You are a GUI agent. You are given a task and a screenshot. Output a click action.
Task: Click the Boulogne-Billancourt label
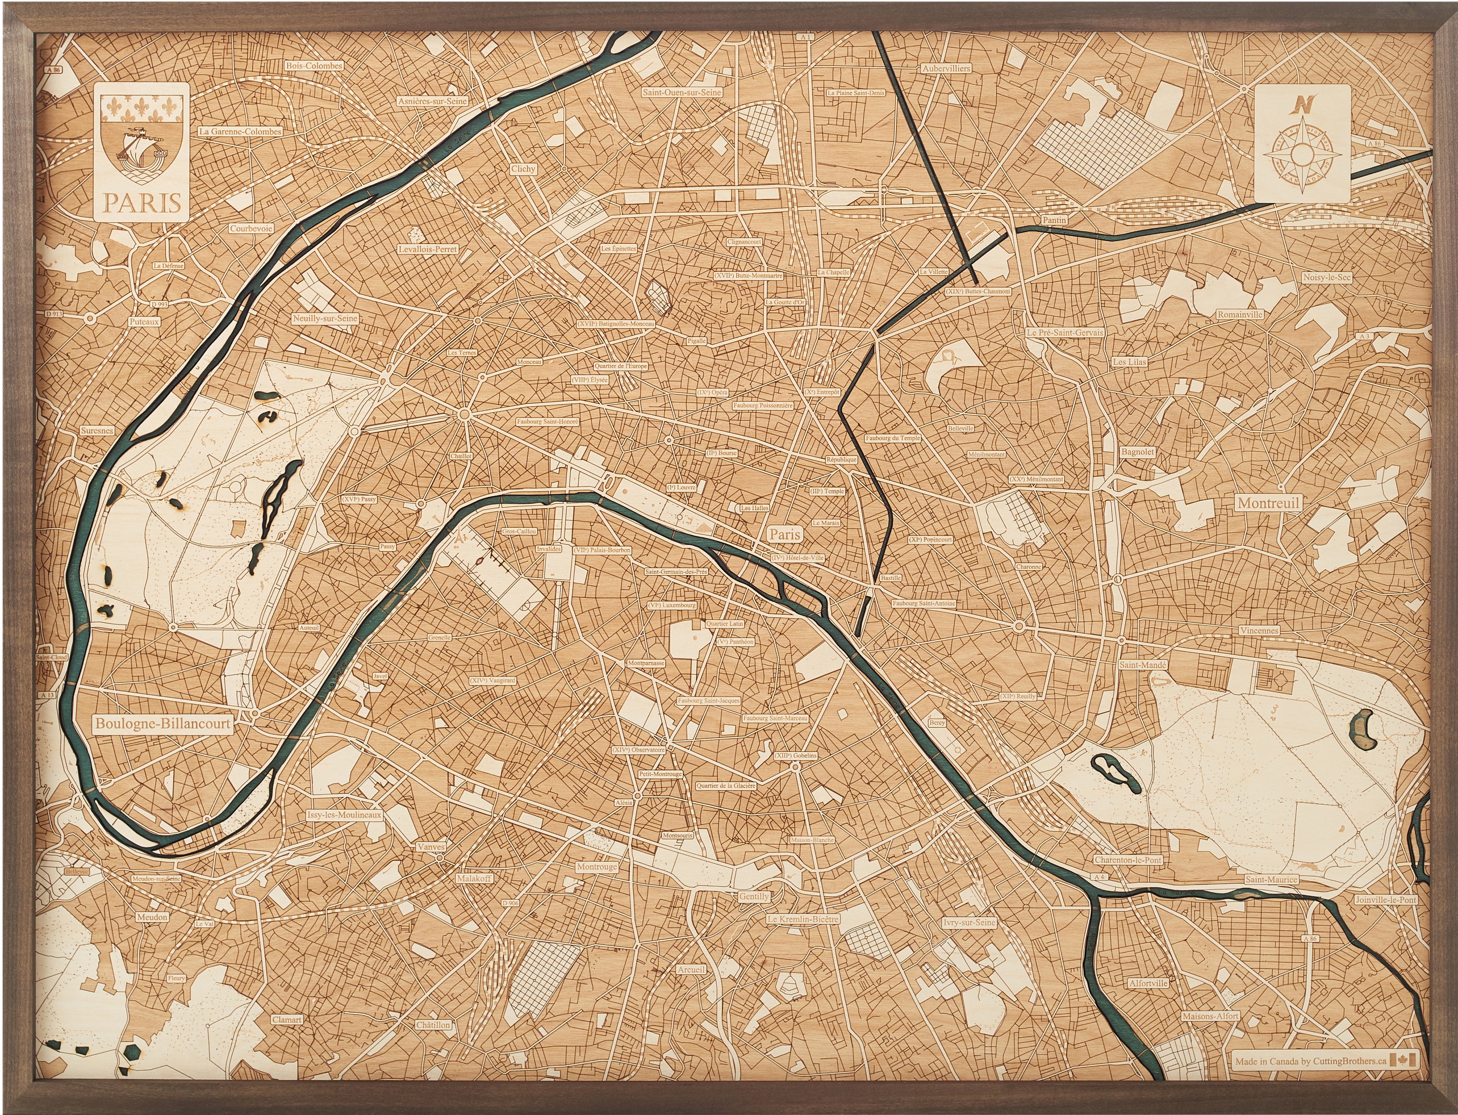[x=163, y=724]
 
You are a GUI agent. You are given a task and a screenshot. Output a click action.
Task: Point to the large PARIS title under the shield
[x=141, y=202]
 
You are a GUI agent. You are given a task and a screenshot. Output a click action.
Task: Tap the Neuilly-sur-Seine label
[x=325, y=319]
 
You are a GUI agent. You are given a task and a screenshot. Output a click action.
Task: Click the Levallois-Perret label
[x=428, y=250]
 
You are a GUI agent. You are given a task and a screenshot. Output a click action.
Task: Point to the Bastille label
[x=890, y=578]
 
